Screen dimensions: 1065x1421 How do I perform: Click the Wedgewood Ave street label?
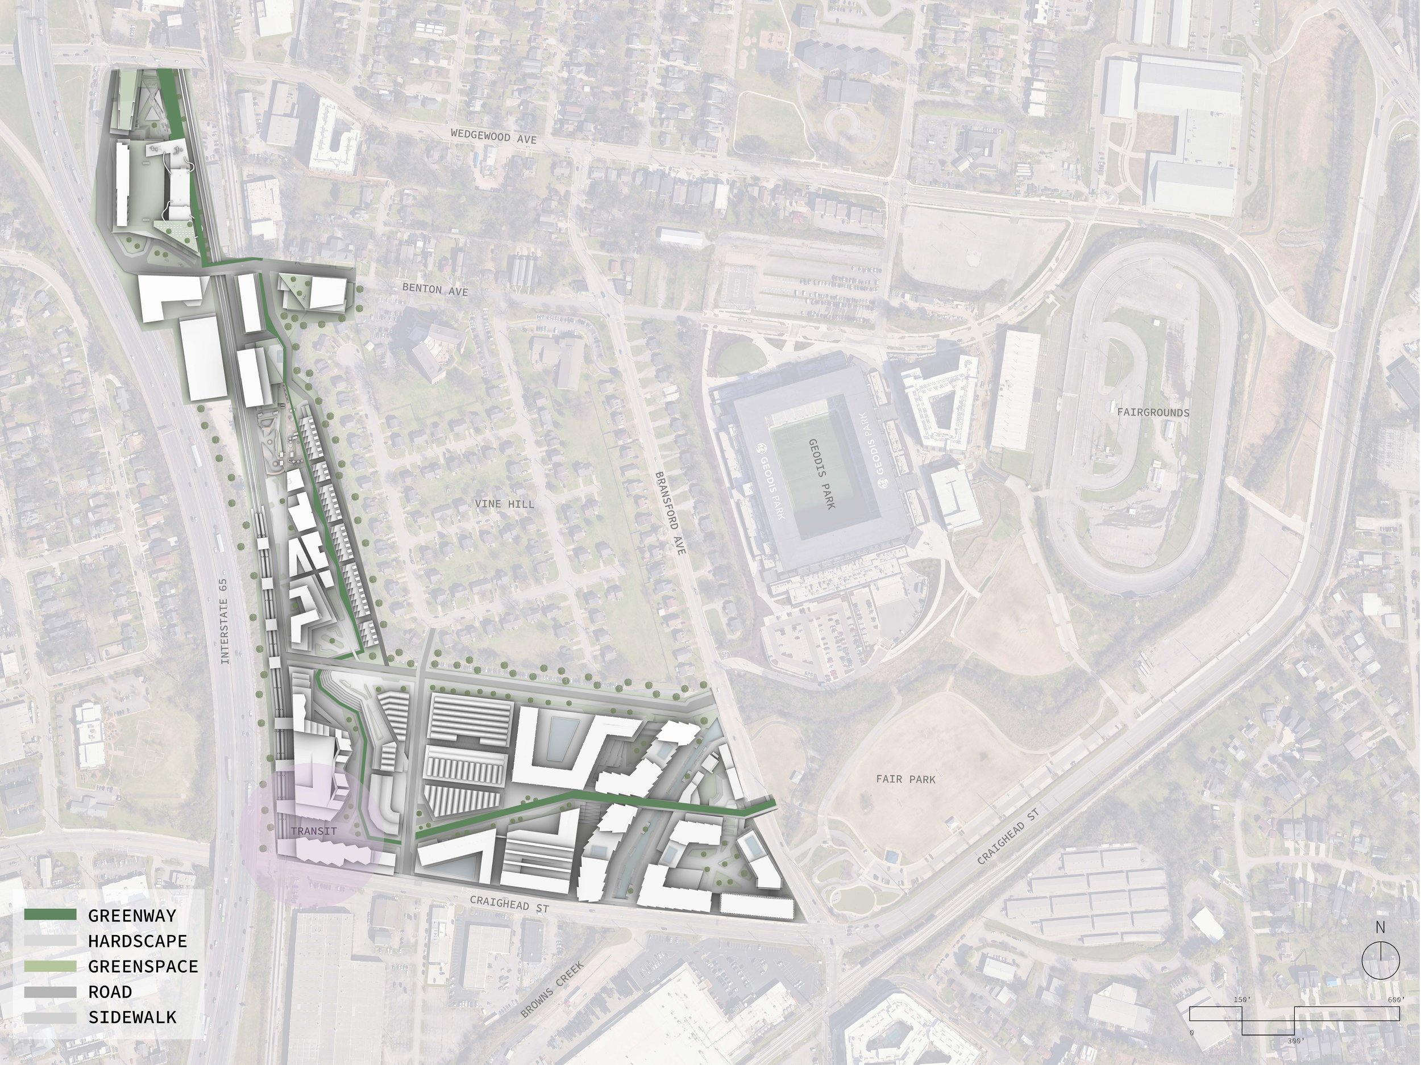(x=493, y=137)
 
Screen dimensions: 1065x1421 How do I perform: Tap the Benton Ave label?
(x=435, y=290)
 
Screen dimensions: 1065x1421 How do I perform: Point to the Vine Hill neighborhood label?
(x=504, y=504)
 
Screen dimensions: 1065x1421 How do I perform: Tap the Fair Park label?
(x=906, y=779)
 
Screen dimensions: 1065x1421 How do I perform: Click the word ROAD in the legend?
(x=110, y=992)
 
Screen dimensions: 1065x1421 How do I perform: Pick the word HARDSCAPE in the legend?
(x=138, y=941)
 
